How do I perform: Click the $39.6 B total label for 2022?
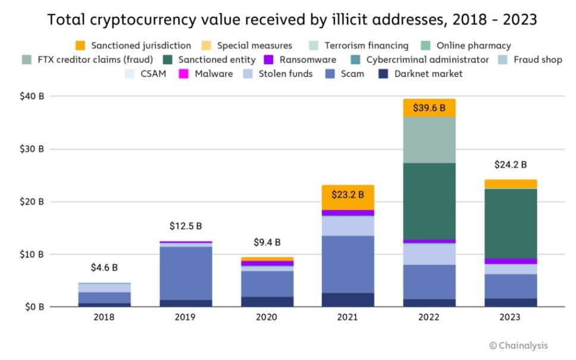(x=429, y=108)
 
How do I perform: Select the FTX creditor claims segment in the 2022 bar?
(x=429, y=140)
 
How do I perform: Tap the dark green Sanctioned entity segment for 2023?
(x=511, y=223)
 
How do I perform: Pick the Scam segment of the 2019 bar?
(x=185, y=273)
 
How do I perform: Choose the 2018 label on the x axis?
(x=104, y=317)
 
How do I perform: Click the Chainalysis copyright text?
(x=518, y=345)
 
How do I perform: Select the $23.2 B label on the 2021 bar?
(x=348, y=194)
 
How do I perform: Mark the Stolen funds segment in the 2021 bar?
(x=348, y=226)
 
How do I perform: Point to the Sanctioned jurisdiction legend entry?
(x=133, y=45)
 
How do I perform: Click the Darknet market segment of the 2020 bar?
(x=267, y=302)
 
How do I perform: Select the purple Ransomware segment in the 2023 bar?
(x=511, y=261)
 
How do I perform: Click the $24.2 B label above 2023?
(x=511, y=165)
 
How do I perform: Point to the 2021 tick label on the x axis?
(x=348, y=317)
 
